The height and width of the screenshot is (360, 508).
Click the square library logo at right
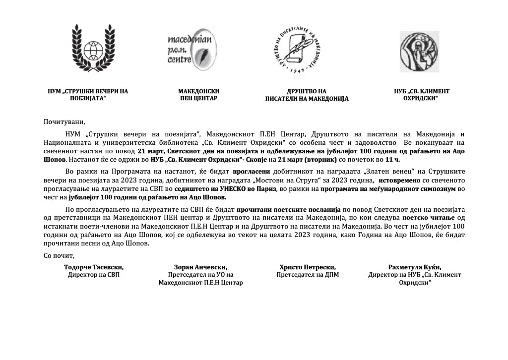(x=419, y=49)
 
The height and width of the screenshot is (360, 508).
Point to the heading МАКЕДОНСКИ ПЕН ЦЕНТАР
(x=198, y=95)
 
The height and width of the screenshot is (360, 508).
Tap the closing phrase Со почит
(x=59, y=256)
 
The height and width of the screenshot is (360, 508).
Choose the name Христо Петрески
(x=308, y=267)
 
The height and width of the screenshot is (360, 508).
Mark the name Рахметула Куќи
(x=414, y=267)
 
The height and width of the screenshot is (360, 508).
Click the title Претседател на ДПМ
(x=308, y=274)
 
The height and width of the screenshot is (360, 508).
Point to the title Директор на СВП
(x=94, y=274)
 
